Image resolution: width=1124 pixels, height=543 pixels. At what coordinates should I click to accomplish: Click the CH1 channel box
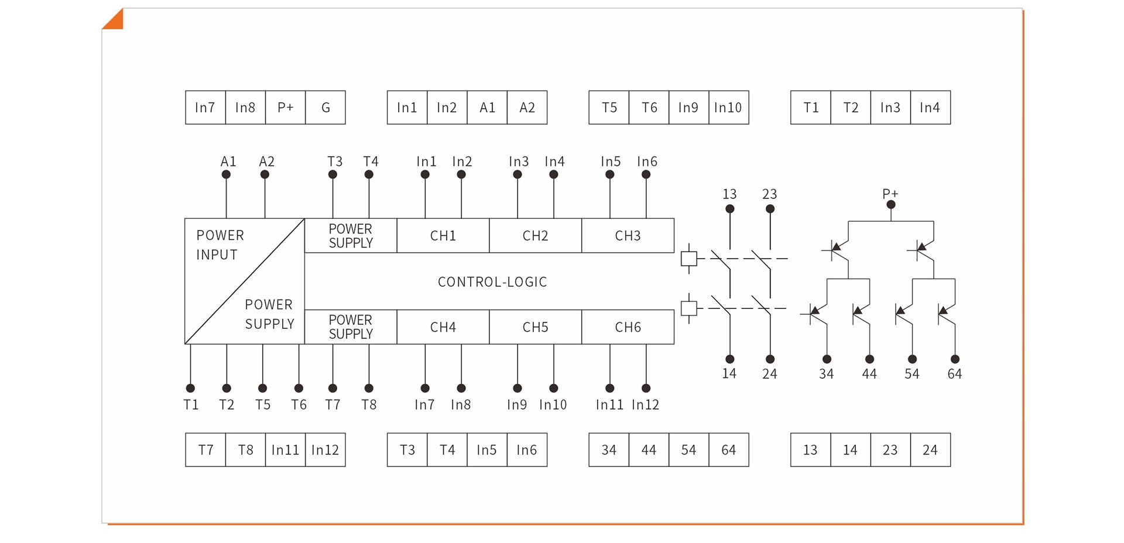443,236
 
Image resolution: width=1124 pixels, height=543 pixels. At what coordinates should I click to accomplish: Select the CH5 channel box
536,327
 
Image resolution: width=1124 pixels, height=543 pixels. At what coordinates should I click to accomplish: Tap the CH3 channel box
628,236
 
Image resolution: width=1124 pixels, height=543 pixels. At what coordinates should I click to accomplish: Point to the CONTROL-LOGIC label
492,282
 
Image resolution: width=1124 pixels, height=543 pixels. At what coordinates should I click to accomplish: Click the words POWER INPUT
220,245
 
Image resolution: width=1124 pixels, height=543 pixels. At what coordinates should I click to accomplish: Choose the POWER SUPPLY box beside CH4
351,327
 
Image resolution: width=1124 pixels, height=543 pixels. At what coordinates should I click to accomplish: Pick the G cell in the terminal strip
325,108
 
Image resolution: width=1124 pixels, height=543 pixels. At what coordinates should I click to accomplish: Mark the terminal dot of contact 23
770,209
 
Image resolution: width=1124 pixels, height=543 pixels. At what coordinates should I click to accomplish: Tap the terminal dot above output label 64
955,359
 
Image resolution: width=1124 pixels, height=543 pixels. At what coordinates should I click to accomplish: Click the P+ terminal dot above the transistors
891,205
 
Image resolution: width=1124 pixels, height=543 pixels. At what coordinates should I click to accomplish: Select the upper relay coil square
689,259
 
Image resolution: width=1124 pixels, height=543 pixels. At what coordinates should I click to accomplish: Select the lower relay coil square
689,308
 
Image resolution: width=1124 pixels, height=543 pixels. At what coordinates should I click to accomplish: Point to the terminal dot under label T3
333,174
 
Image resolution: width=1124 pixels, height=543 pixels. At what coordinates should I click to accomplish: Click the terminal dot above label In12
646,388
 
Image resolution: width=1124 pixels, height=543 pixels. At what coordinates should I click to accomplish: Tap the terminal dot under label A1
226,174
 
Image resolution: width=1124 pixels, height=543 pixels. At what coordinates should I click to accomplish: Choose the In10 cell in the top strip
729,108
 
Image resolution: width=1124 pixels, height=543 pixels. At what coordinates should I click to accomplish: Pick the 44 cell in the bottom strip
649,450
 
